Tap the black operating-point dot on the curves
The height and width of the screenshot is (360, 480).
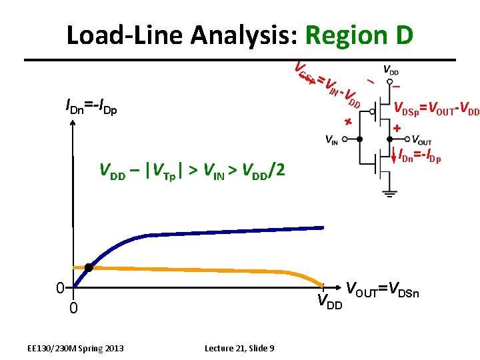click(x=88, y=267)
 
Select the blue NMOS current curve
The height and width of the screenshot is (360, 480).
click(x=200, y=234)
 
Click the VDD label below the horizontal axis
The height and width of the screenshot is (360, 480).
click(x=329, y=301)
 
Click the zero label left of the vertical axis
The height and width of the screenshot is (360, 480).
click(x=59, y=288)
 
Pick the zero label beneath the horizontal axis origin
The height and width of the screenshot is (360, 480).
click(x=74, y=308)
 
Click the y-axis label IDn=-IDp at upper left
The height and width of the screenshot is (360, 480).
click(x=91, y=106)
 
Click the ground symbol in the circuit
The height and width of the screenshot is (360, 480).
click(x=389, y=193)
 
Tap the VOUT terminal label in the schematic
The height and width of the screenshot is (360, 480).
click(x=421, y=141)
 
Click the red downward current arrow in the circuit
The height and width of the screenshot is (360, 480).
click(x=394, y=157)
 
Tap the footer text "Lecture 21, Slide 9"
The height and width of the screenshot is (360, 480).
click(x=243, y=348)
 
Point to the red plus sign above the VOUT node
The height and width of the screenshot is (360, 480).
click(x=397, y=127)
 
